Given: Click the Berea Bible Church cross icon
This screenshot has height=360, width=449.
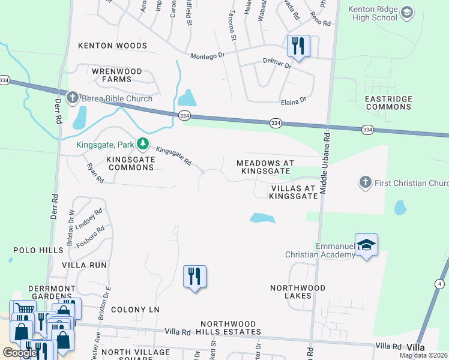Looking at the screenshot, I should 72,98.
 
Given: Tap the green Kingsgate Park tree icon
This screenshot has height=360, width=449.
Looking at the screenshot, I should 143,143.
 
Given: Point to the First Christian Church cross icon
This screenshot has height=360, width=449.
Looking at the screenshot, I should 364,182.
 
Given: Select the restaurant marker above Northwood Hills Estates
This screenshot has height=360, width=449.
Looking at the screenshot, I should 194,277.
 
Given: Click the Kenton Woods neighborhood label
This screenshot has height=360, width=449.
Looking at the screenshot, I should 112,46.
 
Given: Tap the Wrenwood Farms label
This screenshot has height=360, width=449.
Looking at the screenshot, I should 116,75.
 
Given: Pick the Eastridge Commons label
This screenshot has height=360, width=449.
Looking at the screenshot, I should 388,103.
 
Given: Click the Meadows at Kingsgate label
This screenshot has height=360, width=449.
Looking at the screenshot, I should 265,167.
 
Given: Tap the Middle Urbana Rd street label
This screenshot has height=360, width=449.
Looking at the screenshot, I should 325,163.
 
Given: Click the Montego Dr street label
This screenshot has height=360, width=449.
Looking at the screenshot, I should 207,56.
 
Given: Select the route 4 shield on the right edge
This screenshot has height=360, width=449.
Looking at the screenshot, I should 440,283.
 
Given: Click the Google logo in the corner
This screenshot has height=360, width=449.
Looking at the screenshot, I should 20,353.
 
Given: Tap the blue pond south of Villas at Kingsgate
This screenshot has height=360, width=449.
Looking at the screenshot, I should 262,218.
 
